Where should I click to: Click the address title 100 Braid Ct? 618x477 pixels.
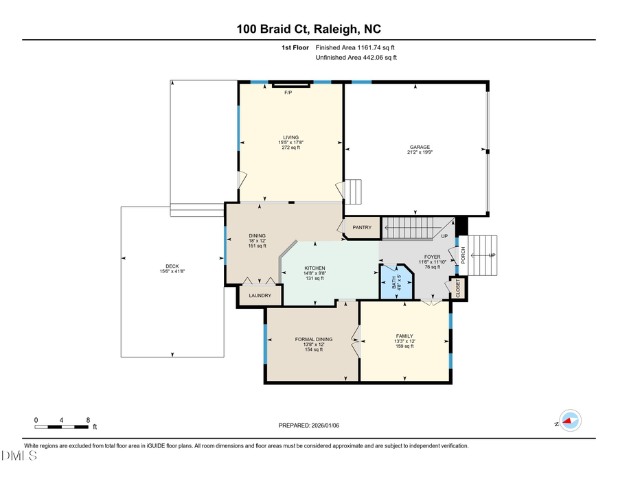(x=309, y=29)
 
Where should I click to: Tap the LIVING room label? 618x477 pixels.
(x=290, y=137)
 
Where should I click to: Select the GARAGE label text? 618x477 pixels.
(x=420, y=148)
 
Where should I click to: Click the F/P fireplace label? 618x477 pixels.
(x=288, y=93)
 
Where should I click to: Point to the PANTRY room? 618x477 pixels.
(x=362, y=228)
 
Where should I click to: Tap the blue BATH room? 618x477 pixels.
(x=396, y=282)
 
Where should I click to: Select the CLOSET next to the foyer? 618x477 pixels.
(x=458, y=288)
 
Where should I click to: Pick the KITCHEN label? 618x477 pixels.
(x=314, y=268)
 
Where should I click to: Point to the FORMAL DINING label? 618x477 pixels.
(x=313, y=339)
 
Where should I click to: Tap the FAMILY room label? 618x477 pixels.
(x=404, y=336)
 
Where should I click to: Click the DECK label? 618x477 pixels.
(x=172, y=267)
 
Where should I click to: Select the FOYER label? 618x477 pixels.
(x=432, y=257)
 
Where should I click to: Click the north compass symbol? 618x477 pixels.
(x=569, y=421)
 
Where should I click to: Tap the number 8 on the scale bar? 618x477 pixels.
(x=89, y=419)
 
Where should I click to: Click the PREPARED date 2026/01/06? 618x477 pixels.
(x=309, y=426)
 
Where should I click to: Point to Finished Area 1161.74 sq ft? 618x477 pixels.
(x=355, y=47)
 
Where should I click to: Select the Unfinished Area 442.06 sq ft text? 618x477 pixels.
(x=356, y=58)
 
